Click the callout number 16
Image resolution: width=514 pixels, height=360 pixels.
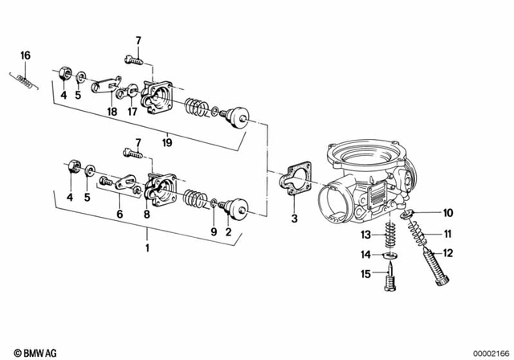25,55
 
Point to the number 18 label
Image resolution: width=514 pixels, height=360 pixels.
112,113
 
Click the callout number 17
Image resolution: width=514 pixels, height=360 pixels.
133,113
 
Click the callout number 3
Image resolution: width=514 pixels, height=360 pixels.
294,218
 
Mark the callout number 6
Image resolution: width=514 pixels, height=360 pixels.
120,214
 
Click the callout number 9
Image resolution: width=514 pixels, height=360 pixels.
213,232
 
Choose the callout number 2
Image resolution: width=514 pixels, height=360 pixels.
230,232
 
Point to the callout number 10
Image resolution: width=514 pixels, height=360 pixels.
448,213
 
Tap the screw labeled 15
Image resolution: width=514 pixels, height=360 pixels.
391,284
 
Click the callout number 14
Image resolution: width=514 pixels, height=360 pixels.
365,254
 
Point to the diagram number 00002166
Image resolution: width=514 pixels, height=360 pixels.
487,354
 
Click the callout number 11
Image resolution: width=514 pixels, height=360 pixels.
448,234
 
